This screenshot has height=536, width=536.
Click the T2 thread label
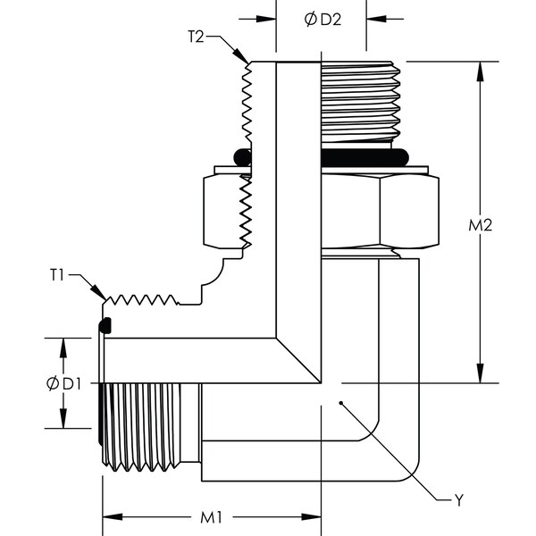(x=197, y=37)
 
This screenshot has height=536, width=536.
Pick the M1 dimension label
(x=212, y=517)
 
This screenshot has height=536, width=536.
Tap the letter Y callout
(x=458, y=501)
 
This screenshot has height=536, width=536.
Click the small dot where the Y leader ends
(x=341, y=404)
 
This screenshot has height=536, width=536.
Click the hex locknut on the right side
(x=380, y=211)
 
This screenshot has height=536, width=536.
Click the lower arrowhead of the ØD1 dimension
(x=64, y=421)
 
